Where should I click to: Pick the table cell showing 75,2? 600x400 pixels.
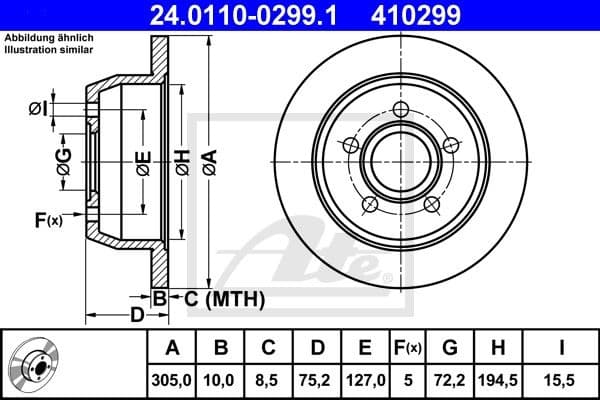pyautogui.click(x=317, y=380)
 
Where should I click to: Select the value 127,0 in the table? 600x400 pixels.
pyautogui.click(x=365, y=380)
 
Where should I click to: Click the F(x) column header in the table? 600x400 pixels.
pyautogui.click(x=407, y=349)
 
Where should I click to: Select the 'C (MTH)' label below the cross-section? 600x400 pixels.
pyautogui.click(x=224, y=298)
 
